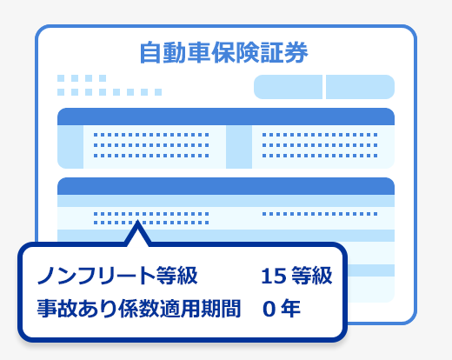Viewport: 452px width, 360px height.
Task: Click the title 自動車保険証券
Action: pos(223,52)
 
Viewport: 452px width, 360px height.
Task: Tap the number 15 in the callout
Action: pos(274,276)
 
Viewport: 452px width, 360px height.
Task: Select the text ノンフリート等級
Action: pos(117,276)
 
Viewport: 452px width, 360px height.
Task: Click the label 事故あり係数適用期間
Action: pos(139,309)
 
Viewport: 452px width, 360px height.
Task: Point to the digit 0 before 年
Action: pos(269,309)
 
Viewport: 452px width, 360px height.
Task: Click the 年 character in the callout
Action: pos(290,309)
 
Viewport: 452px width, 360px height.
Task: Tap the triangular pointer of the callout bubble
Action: pos(138,232)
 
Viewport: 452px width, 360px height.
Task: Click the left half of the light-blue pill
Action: pos(288,87)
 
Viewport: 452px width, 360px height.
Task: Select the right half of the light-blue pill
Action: pos(360,87)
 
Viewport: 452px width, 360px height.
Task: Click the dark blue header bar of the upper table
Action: pos(226,117)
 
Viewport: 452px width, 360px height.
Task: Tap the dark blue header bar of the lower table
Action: pos(226,186)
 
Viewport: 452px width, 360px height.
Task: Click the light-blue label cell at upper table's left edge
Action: pos(70,147)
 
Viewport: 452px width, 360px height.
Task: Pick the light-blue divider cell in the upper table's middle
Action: pos(239,147)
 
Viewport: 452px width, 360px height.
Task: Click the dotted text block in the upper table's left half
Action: pos(151,145)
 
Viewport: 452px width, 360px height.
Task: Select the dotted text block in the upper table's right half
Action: pos(320,145)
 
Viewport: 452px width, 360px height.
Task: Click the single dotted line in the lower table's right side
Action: pos(320,214)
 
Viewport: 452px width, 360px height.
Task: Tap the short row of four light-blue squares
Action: pos(82,78)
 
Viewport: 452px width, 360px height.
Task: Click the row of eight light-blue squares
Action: pos(110,92)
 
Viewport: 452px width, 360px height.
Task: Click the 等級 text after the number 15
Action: pos(312,276)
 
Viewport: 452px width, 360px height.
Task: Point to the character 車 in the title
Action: pos(199,53)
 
